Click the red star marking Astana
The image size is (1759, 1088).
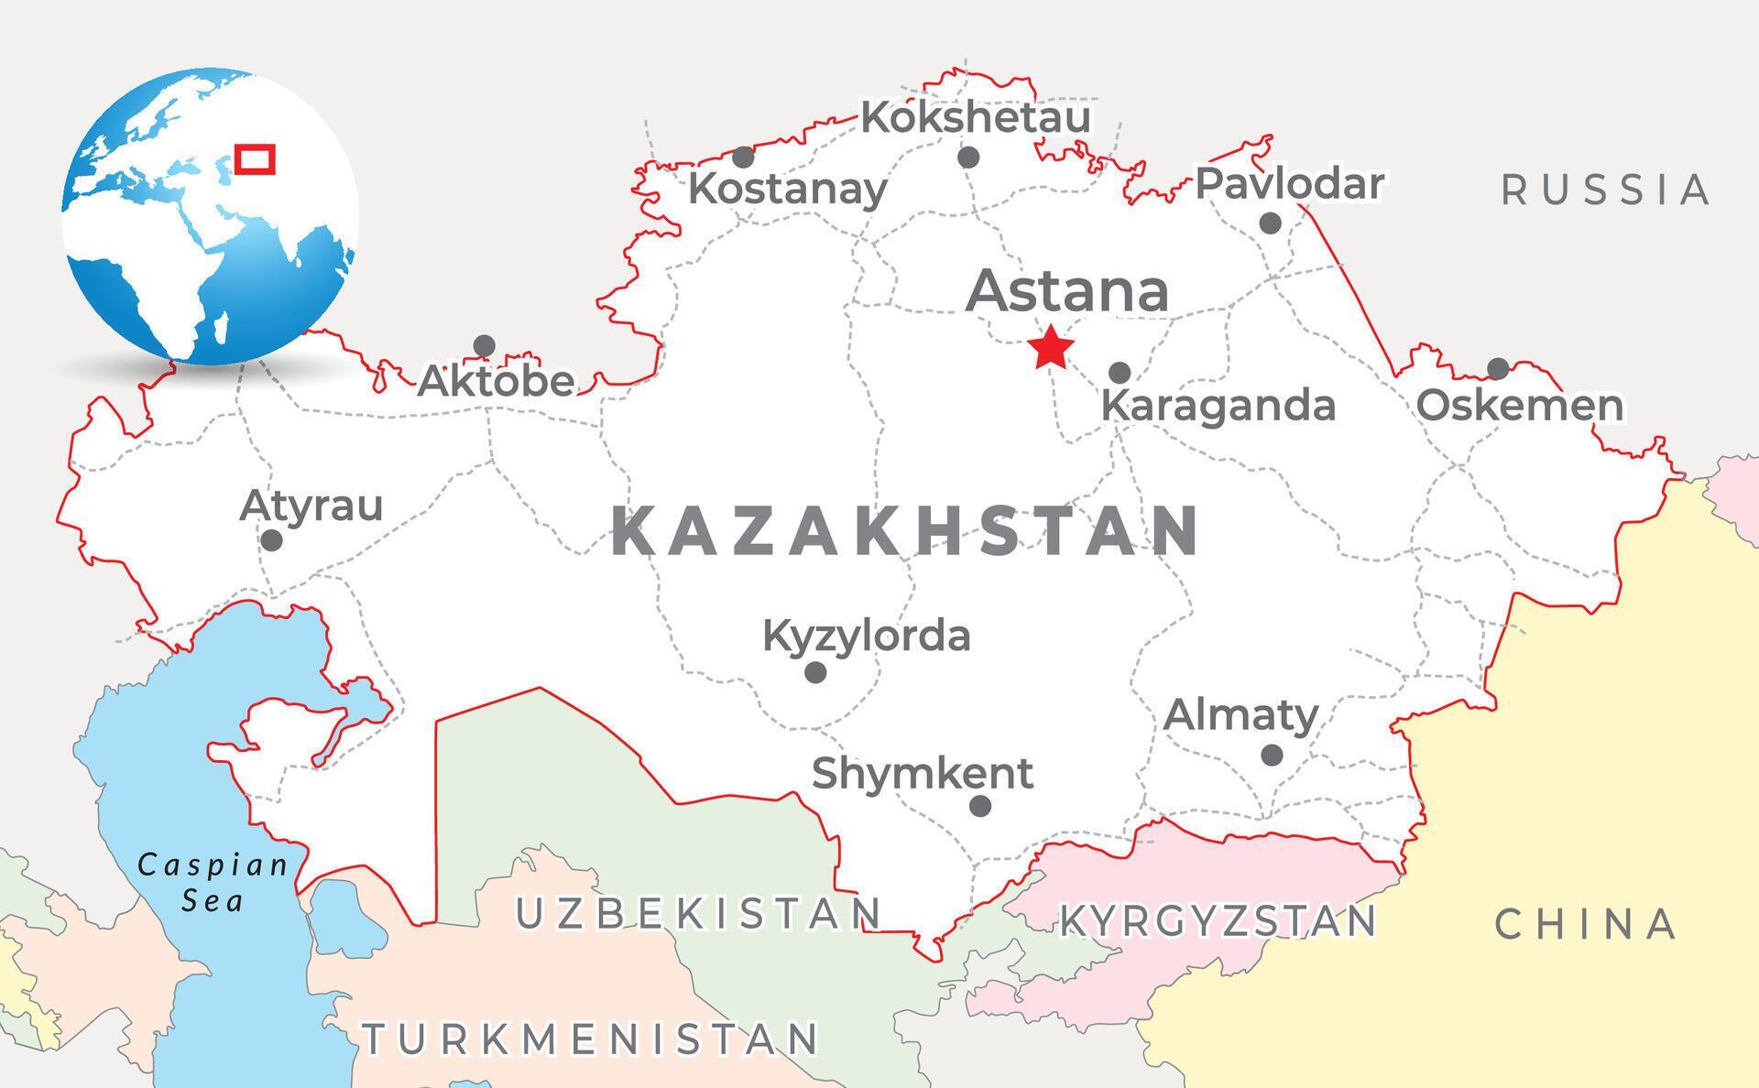pyautogui.click(x=1050, y=347)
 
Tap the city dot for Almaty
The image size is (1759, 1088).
pyautogui.click(x=1272, y=756)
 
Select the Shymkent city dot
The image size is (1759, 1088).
pyautogui.click(x=980, y=806)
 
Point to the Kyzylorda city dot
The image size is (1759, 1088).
pyautogui.click(x=815, y=673)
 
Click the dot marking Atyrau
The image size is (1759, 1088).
pyautogui.click(x=271, y=540)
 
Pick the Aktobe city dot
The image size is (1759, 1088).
pyautogui.click(x=484, y=346)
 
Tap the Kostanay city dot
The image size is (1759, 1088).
pyautogui.click(x=744, y=158)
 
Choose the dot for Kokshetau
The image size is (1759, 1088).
pyautogui.click(x=968, y=158)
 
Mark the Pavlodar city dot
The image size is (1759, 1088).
pyautogui.click(x=1270, y=223)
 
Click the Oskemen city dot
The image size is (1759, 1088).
pyautogui.click(x=1498, y=369)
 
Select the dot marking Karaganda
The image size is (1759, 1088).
pyautogui.click(x=1120, y=373)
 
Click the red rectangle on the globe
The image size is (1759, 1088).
pyautogui.click(x=254, y=158)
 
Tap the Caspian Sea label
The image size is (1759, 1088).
pyautogui.click(x=213, y=882)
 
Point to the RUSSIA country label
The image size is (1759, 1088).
pyautogui.click(x=1605, y=190)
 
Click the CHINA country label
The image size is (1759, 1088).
pyautogui.click(x=1586, y=925)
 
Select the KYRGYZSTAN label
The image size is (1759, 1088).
pyautogui.click(x=1218, y=921)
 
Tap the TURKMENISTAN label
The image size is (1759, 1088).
pyautogui.click(x=592, y=1039)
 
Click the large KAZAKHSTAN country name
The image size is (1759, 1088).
pyautogui.click(x=905, y=531)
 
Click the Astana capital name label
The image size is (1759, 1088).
pyautogui.click(x=1067, y=290)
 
